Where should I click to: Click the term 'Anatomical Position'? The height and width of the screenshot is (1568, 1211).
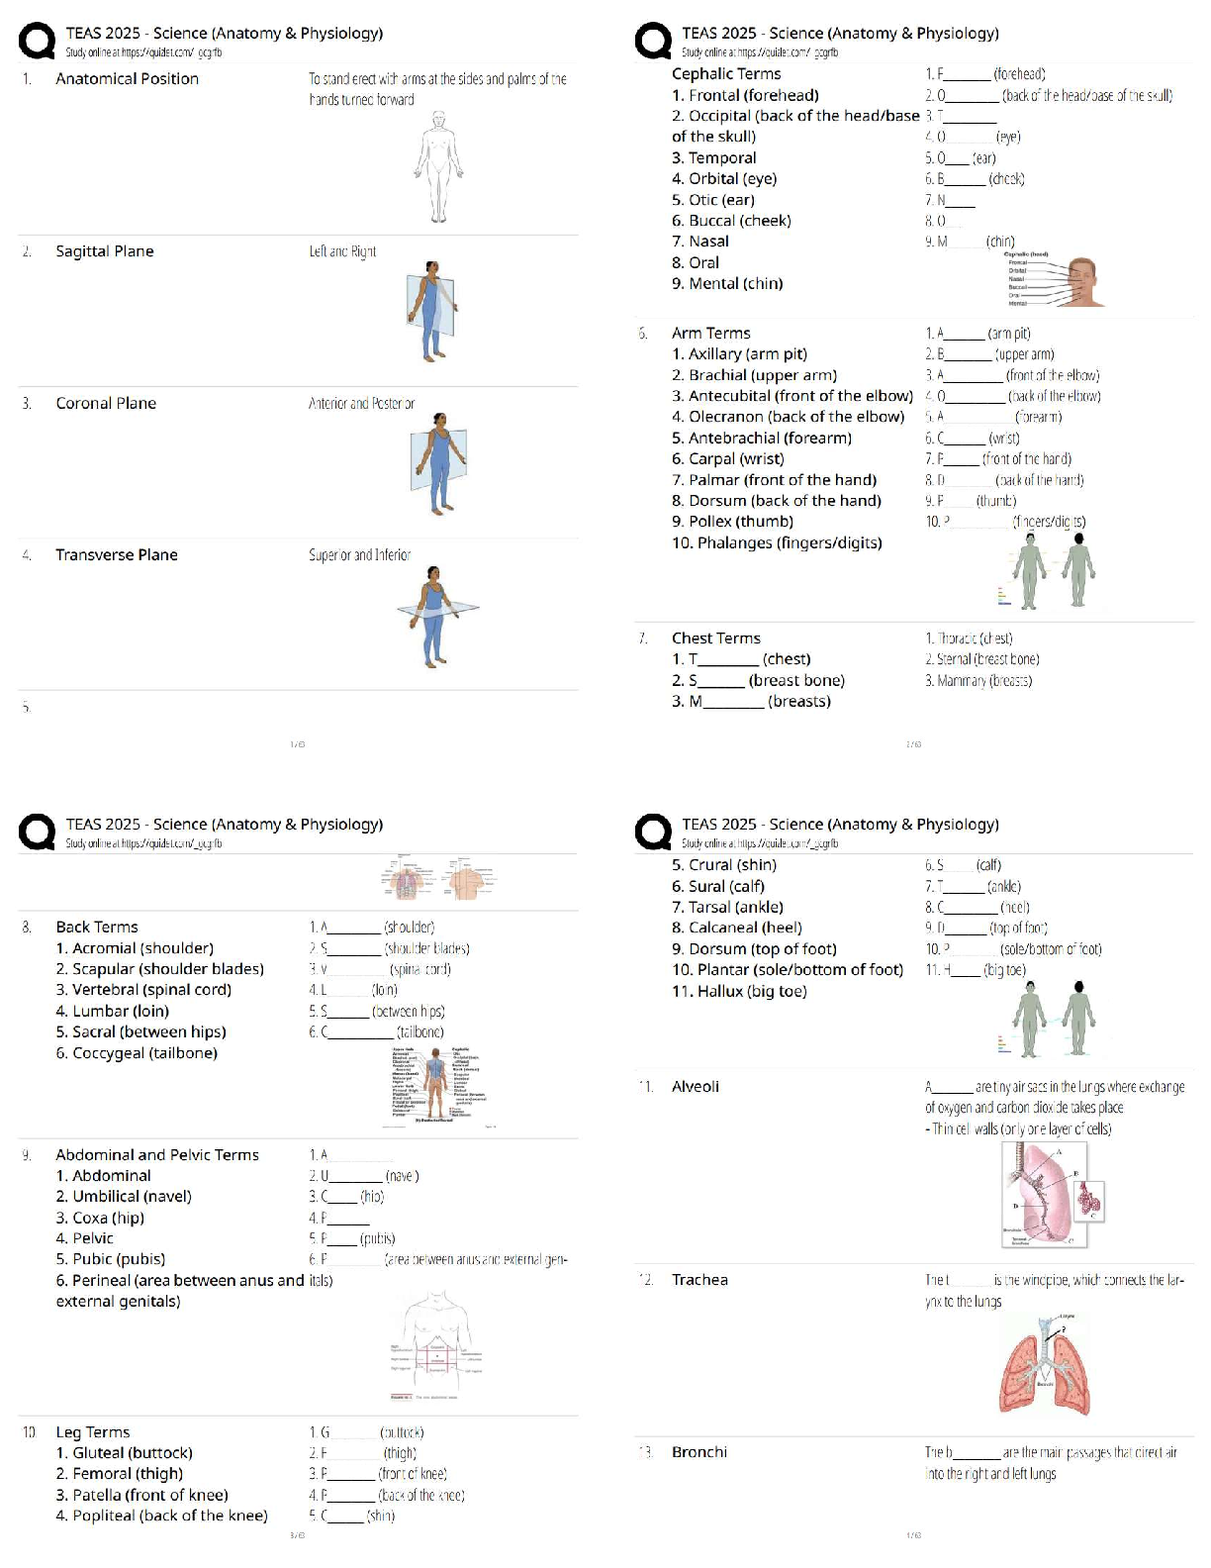tap(127, 79)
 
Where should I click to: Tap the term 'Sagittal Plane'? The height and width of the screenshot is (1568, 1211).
tap(104, 251)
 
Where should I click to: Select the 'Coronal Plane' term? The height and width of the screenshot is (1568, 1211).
tap(106, 403)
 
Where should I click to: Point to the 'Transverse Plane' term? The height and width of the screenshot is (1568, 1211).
tap(116, 554)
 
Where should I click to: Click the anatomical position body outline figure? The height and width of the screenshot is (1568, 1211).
tap(437, 165)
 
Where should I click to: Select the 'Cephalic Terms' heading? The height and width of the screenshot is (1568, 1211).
tap(726, 73)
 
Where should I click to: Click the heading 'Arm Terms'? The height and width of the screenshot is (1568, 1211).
tap(710, 333)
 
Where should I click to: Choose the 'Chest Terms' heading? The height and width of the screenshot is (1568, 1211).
tap(715, 638)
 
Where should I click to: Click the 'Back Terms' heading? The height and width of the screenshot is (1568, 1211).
tap(96, 927)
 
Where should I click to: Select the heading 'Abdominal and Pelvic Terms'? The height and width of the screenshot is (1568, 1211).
tap(156, 1154)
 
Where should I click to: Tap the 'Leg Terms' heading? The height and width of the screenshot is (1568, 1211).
tap(92, 1432)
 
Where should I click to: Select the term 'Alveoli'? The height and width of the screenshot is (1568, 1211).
tap(695, 1086)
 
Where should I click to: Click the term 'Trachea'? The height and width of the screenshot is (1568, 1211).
tap(699, 1280)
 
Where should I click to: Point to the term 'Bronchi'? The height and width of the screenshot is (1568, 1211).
tap(699, 1452)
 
